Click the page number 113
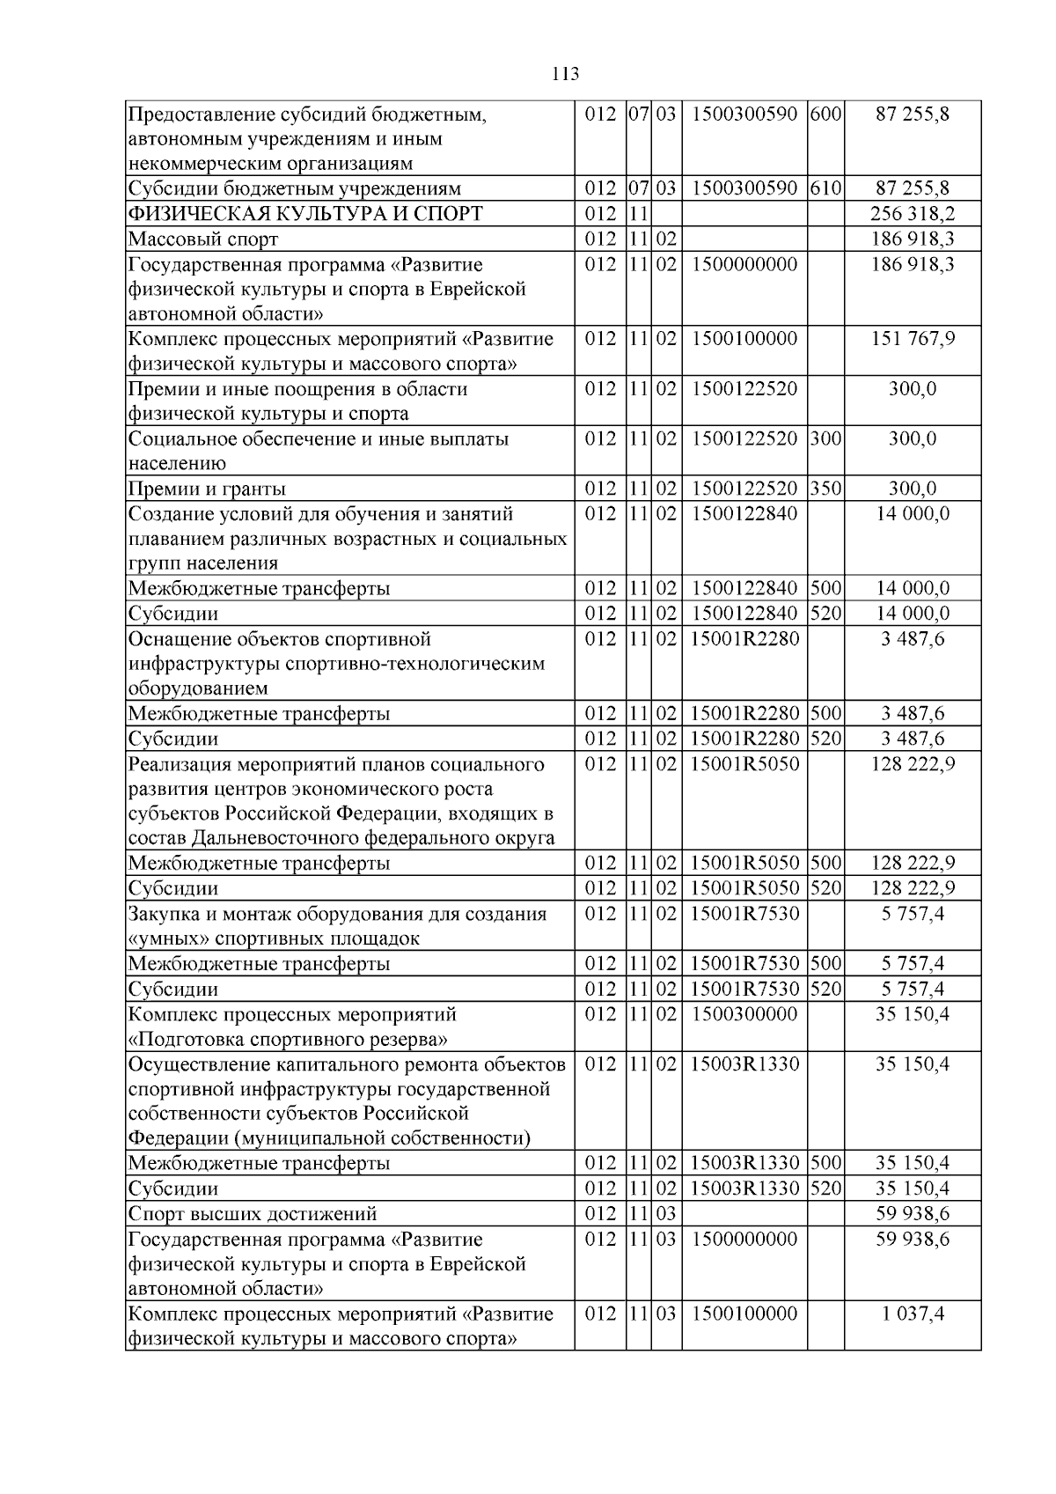(566, 74)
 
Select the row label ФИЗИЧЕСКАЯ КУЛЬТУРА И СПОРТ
(305, 214)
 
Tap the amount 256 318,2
(913, 214)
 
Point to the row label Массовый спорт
(203, 239)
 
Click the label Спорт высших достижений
(253, 1214)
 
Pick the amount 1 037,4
(913, 1314)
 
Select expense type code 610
(826, 188)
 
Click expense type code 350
(826, 489)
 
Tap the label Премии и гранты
(208, 489)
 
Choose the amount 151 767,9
(913, 339)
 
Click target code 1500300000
(744, 1014)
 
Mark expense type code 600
(826, 114)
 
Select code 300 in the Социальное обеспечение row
(826, 438)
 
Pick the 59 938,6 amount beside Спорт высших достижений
(913, 1214)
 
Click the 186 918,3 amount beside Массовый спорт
(913, 239)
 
